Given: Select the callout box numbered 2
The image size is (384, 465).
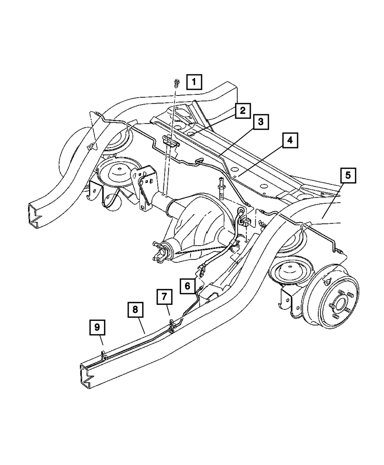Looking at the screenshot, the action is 242,111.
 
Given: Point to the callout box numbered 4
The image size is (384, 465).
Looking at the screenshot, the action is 290,140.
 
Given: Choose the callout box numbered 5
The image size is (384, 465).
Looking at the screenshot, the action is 348,176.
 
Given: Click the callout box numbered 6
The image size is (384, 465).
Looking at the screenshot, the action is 187,286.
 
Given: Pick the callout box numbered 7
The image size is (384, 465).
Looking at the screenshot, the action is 164,297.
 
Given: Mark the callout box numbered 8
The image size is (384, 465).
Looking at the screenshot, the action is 135,310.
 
